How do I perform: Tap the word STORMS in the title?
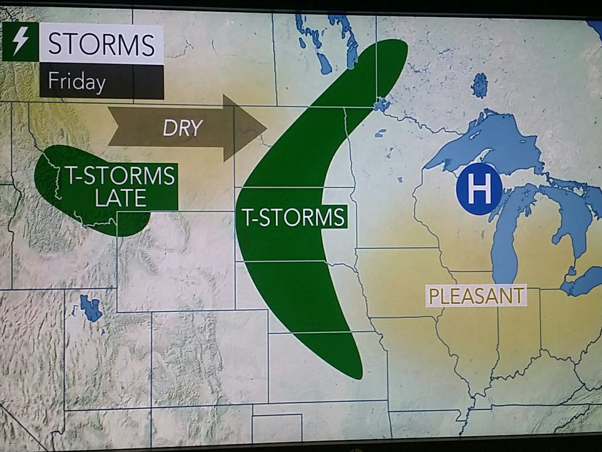click(101, 45)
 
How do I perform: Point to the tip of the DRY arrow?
click(265, 129)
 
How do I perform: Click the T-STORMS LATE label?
click(120, 186)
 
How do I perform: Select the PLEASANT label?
click(476, 296)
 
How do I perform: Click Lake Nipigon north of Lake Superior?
click(480, 85)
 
